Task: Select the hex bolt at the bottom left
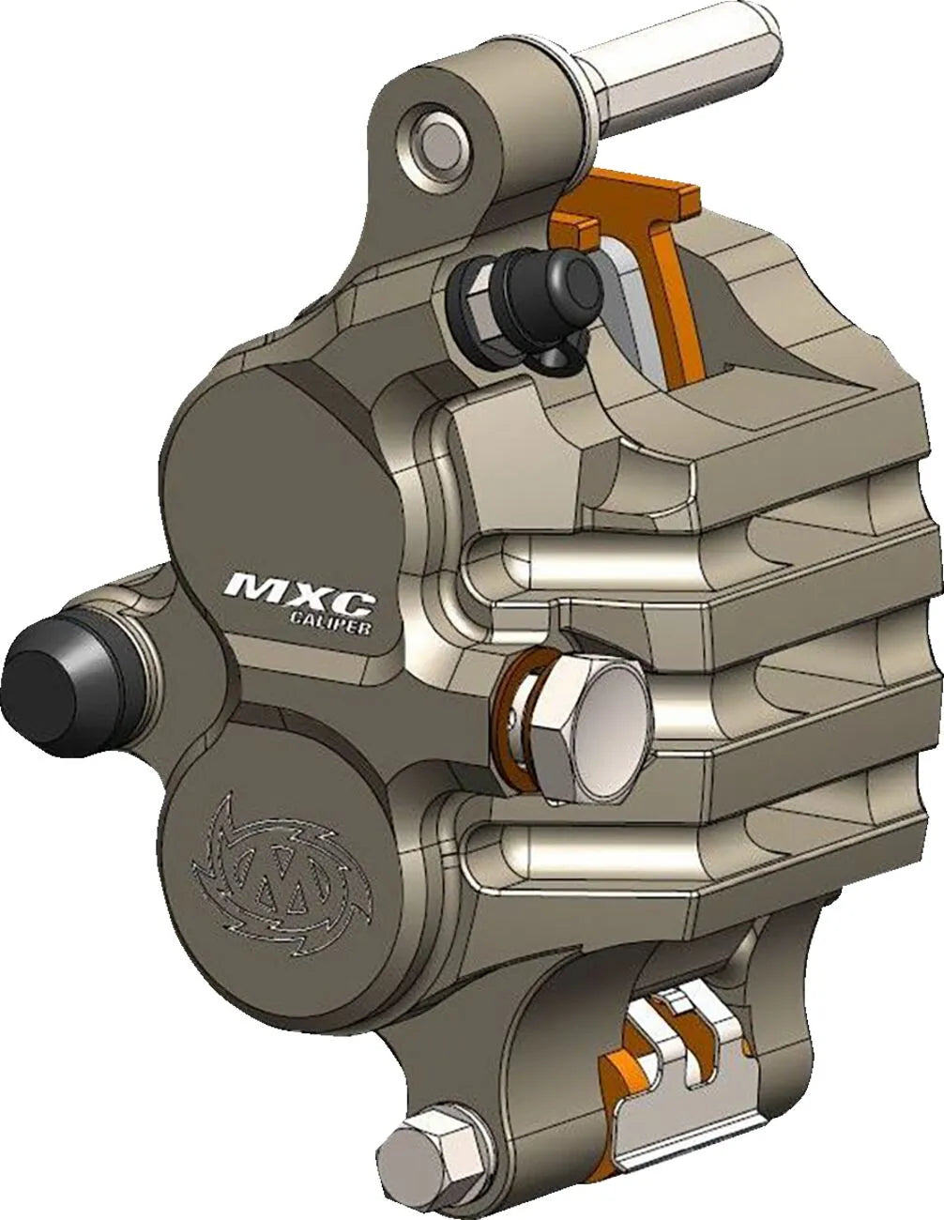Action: [x=414, y=1145]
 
